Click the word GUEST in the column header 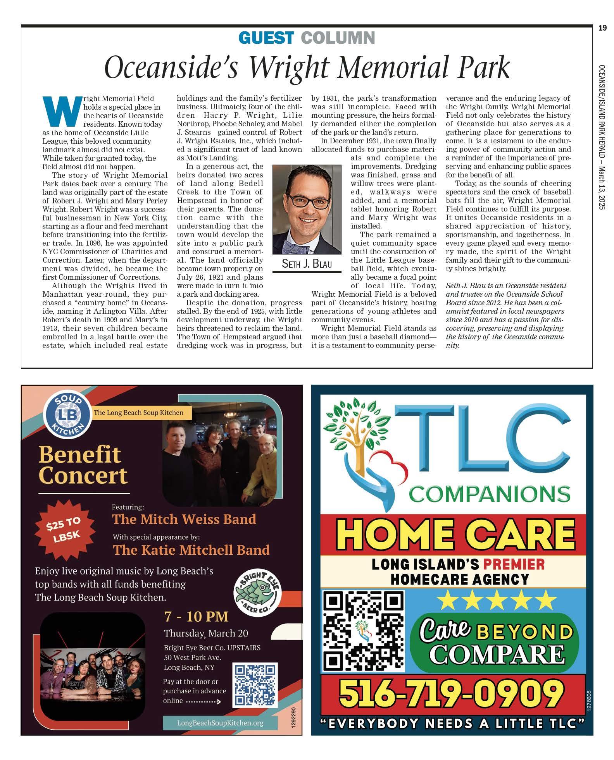pos(266,38)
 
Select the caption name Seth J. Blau pos(307,264)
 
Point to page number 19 pos(602,28)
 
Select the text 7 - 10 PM pos(196,616)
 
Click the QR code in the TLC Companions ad pos(363,631)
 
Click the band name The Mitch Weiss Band pos(184,519)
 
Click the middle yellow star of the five pos(495,600)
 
